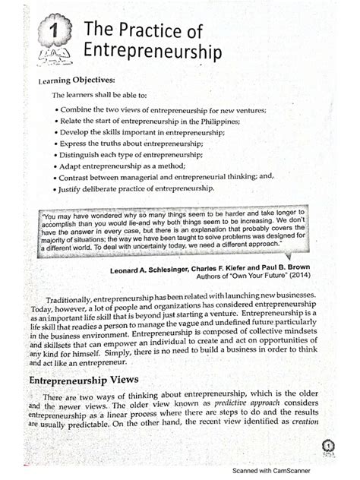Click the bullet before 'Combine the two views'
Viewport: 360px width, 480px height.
point(58,109)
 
